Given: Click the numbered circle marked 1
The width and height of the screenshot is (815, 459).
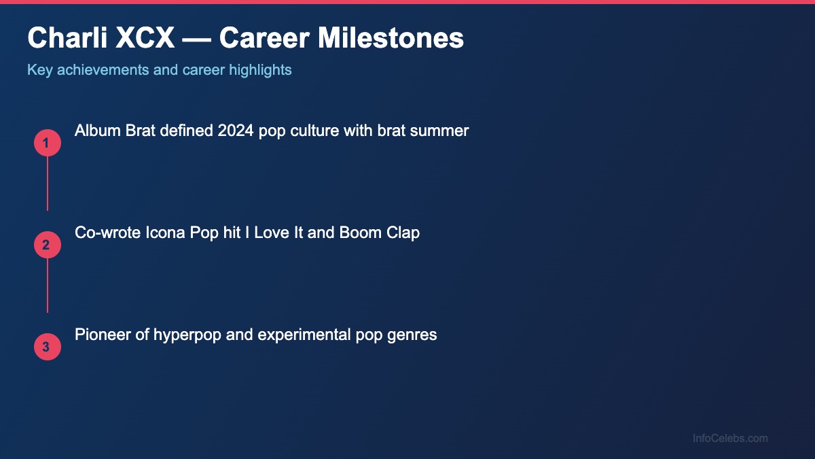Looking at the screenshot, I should coord(47,143).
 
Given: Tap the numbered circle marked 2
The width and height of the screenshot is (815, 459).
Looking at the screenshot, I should coord(47,245).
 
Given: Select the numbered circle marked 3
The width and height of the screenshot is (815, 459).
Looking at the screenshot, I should coord(47,347).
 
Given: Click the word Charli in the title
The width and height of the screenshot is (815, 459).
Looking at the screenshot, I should coord(67,38).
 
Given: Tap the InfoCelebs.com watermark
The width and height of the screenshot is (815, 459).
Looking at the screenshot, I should coord(730,439).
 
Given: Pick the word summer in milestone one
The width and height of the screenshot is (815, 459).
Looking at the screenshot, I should coord(442,131).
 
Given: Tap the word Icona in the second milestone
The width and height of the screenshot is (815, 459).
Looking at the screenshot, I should coord(162,233).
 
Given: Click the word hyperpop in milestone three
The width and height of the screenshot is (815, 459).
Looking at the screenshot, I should coord(186,335).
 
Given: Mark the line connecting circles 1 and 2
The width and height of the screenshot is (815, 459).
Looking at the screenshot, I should coord(47,184).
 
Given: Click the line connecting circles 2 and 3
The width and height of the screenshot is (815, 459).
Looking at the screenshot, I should coord(47,286).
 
